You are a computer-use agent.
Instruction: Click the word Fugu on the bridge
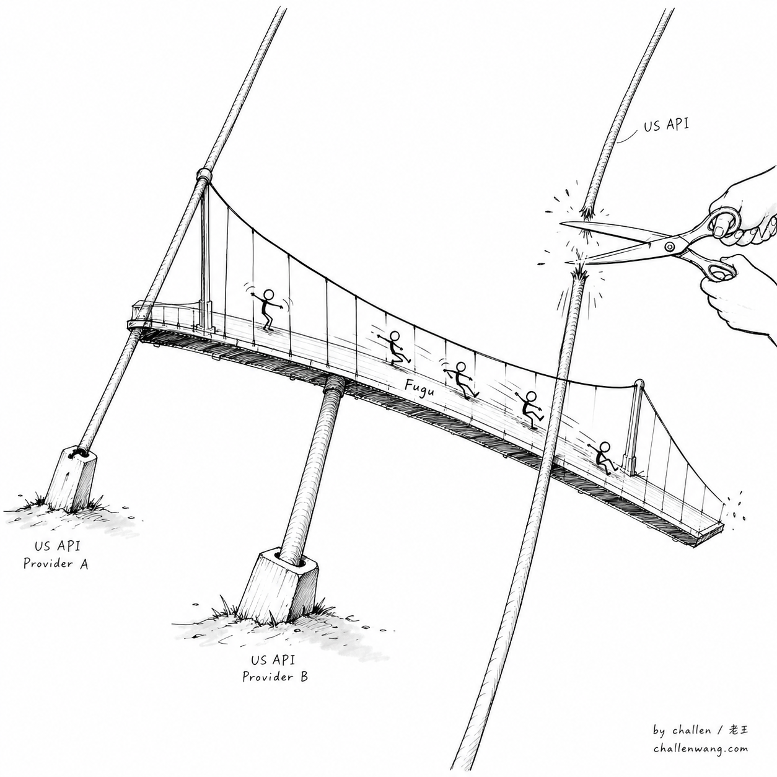click(x=419, y=388)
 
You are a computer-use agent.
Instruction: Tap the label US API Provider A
click(x=56, y=555)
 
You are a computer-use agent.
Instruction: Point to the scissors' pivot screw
click(x=670, y=247)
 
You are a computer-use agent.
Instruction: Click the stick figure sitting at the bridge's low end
click(x=604, y=459)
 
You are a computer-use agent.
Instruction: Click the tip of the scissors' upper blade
click(x=561, y=224)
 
